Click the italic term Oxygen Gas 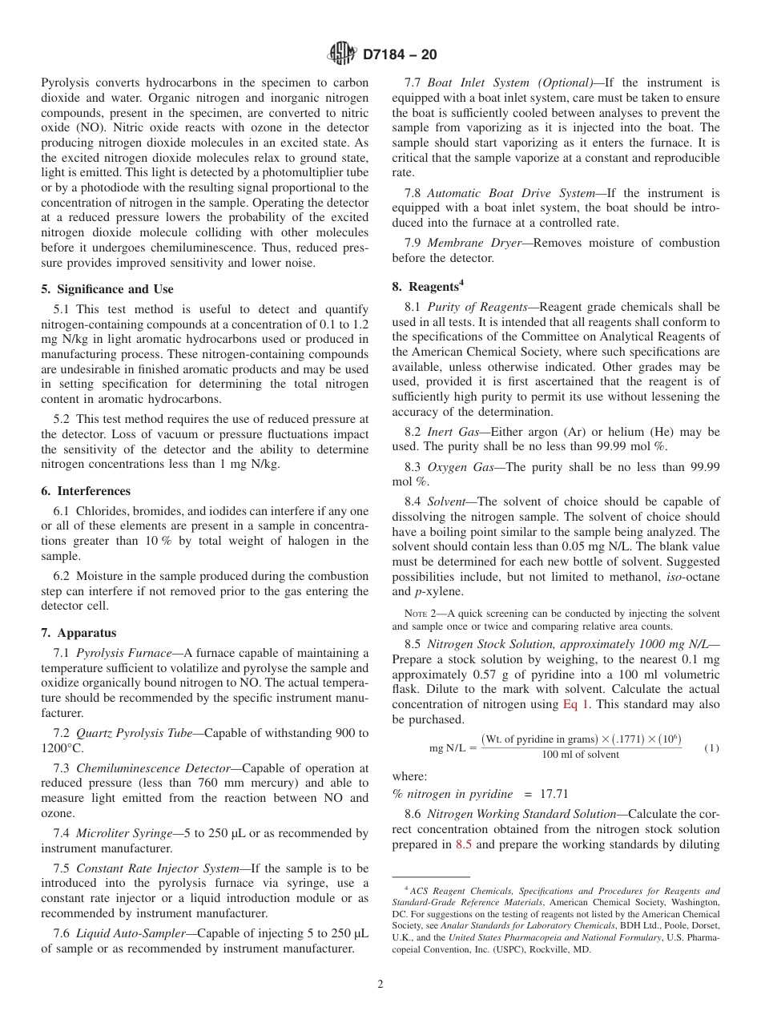pyautogui.click(x=457, y=466)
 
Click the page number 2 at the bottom pyautogui.click(x=380, y=985)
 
